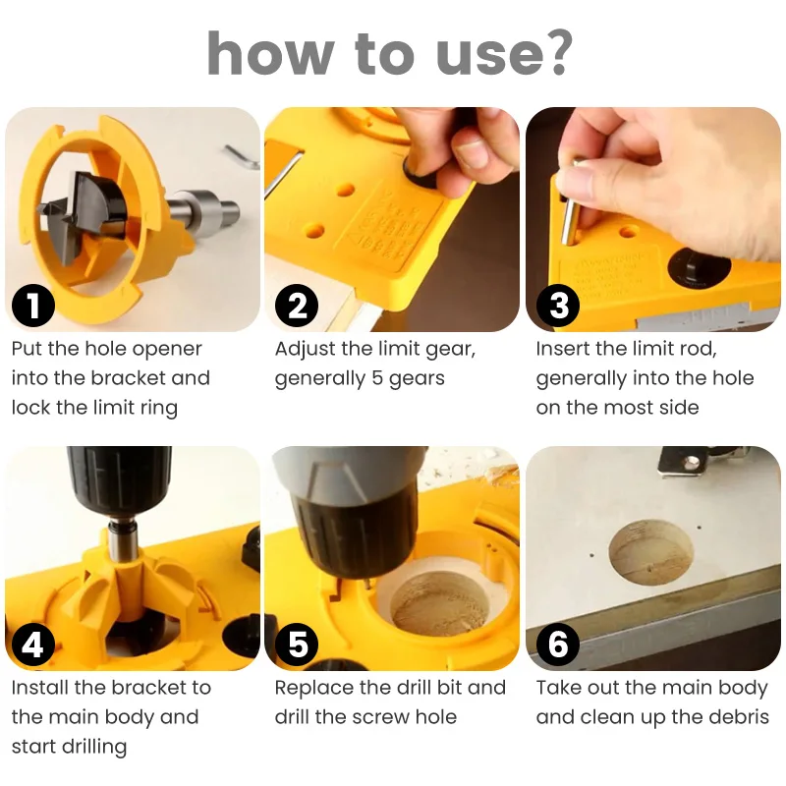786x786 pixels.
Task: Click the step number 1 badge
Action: point(33,306)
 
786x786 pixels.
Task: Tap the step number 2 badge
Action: point(297,306)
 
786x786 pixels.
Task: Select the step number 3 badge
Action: point(558,306)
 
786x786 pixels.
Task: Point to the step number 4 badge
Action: point(33,645)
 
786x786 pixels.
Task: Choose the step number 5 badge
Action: point(297,645)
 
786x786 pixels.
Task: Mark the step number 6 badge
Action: point(558,645)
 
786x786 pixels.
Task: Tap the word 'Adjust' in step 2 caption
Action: point(305,350)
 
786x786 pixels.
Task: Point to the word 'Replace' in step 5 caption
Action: point(309,689)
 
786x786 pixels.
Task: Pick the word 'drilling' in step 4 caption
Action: point(94,748)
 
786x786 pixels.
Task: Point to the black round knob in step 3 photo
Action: point(700,267)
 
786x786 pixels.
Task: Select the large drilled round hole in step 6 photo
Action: point(651,552)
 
